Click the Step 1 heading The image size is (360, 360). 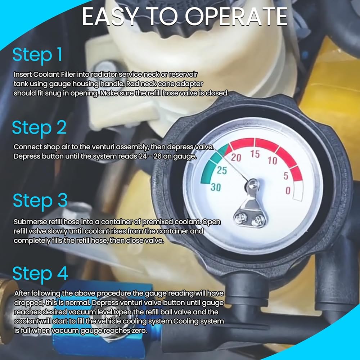pyautogui.click(x=37, y=55)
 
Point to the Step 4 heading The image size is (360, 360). pyautogui.click(x=40, y=274)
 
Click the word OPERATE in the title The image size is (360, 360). pyautogui.click(x=236, y=17)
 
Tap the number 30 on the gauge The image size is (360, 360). pyautogui.click(x=216, y=188)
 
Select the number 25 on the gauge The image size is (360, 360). pyautogui.click(x=222, y=170)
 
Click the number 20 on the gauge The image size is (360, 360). pyautogui.click(x=236, y=158)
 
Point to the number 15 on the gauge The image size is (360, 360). pyautogui.click(x=255, y=154)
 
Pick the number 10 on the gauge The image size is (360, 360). pyautogui.click(x=273, y=161)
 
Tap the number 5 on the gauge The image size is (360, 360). pyautogui.click(x=286, y=176)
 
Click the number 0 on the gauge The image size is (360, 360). pyautogui.click(x=288, y=190)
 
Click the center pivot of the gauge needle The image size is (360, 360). pyautogui.click(x=252, y=184)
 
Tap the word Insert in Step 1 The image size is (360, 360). pyautogui.click(x=23, y=75)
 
